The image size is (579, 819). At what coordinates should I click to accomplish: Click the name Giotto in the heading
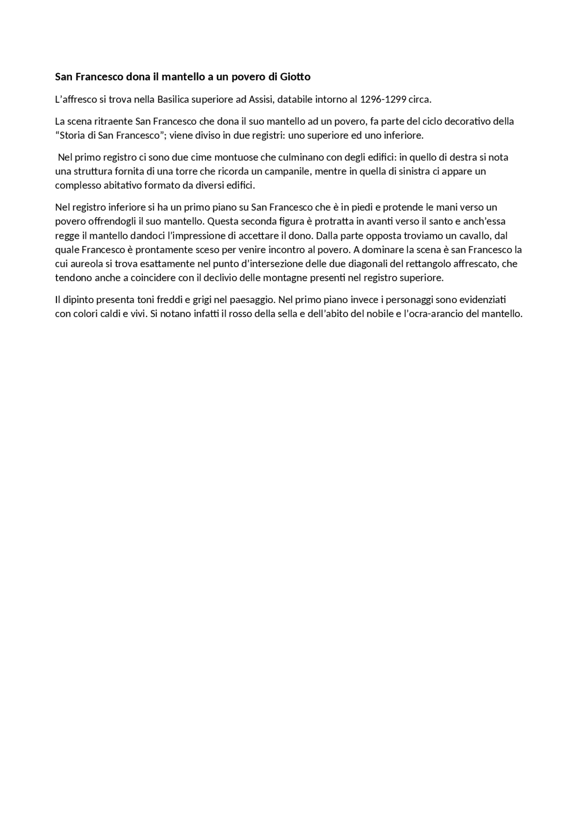[x=295, y=77]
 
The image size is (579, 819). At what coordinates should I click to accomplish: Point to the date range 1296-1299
[x=383, y=99]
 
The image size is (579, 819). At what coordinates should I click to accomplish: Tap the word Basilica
[x=174, y=99]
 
